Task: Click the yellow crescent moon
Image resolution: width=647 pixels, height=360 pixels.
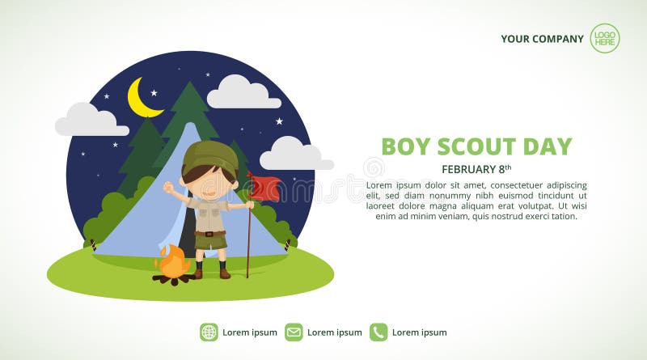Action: [139, 99]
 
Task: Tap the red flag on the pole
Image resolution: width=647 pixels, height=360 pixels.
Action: [265, 188]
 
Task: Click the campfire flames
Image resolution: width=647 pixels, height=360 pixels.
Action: [174, 261]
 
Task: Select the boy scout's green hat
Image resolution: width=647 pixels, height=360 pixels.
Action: [209, 156]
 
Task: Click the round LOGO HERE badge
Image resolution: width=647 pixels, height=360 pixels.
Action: [604, 38]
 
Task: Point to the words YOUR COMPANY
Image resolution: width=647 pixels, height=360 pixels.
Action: [542, 39]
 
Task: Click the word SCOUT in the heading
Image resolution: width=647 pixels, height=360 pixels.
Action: [476, 146]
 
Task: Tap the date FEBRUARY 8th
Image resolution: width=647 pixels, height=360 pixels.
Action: [476, 169]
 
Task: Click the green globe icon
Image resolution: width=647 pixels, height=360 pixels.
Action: [209, 332]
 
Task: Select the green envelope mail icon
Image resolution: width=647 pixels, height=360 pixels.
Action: [294, 332]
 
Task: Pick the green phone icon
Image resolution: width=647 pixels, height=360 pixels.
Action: [378, 332]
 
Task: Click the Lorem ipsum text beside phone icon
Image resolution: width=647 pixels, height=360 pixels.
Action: [419, 332]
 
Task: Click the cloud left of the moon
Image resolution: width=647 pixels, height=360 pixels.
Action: [91, 121]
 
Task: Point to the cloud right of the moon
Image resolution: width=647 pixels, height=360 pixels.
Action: [243, 94]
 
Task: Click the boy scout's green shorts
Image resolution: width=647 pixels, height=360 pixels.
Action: [211, 240]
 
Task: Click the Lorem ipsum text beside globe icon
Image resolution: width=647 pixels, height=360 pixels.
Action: [249, 332]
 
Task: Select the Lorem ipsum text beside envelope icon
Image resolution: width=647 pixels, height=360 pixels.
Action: [334, 332]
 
